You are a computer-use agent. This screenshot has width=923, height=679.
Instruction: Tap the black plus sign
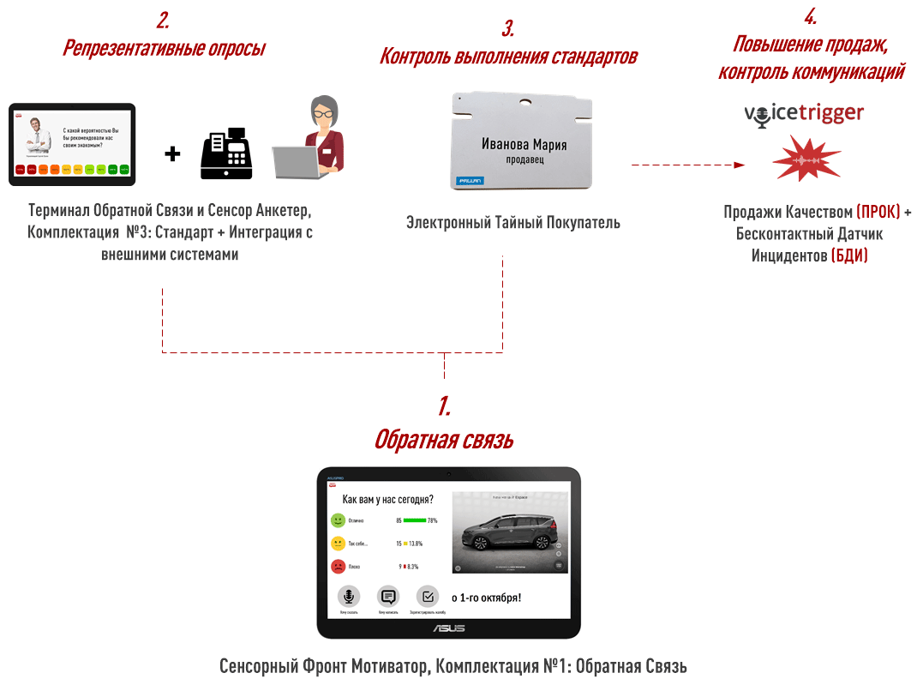coord(173,154)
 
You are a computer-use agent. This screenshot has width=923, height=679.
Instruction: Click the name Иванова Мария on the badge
coord(524,144)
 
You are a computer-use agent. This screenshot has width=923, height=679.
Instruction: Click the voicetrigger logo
coord(803,114)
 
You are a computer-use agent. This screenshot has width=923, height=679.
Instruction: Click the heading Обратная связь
coord(443,440)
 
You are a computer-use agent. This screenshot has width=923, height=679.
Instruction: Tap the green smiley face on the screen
coord(339,520)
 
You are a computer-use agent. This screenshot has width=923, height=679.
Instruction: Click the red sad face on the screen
coord(339,567)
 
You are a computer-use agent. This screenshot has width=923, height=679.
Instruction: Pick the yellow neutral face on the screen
coord(339,544)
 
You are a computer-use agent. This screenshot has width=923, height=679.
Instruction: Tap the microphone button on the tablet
coord(348,597)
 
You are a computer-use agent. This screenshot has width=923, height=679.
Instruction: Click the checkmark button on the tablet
coord(427,597)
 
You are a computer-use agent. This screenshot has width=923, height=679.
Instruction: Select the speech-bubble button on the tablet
coord(388,597)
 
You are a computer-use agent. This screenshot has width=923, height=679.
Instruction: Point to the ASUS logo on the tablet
coord(448,628)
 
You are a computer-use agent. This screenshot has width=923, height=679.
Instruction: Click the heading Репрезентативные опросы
coord(164,48)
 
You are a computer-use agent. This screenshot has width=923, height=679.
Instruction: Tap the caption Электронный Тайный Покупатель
coord(513,223)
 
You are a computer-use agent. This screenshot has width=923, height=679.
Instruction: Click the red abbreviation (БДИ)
coord(849,255)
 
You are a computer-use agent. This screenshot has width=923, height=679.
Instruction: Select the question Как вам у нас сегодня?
coord(387,499)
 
